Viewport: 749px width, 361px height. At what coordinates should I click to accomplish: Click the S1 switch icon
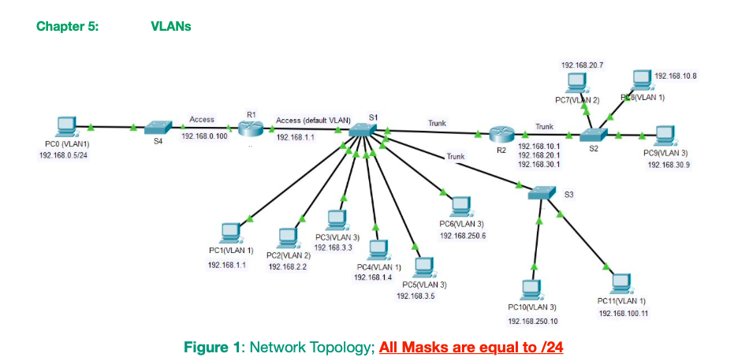point(363,131)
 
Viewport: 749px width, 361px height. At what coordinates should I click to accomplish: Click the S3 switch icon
point(542,192)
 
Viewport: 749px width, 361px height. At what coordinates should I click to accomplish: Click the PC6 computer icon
point(460,207)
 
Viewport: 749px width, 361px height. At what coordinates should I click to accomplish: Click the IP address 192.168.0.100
point(204,136)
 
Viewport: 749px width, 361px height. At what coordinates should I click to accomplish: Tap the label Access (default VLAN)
point(313,120)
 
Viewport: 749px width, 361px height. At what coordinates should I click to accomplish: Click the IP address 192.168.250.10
point(532,322)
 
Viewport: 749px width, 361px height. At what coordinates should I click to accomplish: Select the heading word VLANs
point(170,26)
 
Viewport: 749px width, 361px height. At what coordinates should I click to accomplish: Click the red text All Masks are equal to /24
point(471,347)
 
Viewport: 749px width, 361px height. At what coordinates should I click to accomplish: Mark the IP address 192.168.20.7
point(582,65)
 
